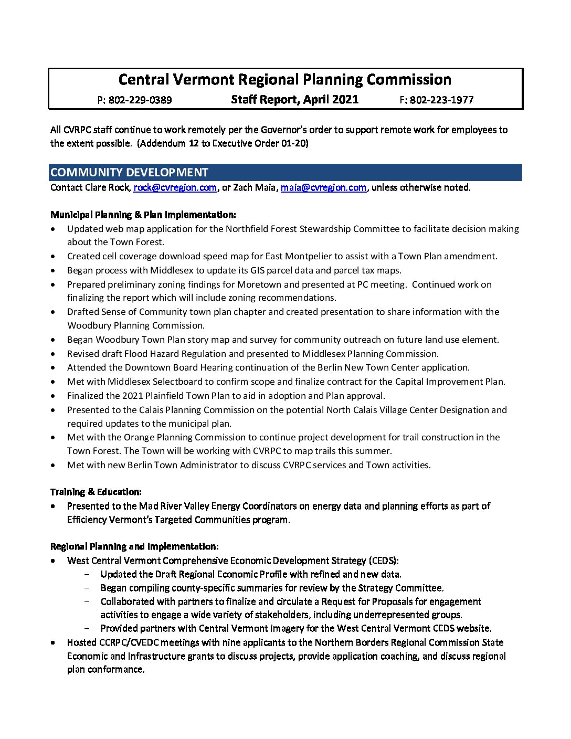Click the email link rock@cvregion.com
point(175,187)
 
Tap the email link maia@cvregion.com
point(323,187)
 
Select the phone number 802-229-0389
point(140,100)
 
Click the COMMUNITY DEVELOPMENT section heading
point(129,172)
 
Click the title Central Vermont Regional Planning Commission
point(285,79)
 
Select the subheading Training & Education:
point(96,492)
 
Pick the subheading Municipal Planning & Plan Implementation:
point(143,215)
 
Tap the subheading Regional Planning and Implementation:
point(134,546)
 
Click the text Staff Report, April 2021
point(294,99)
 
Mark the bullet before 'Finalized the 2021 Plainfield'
point(54,396)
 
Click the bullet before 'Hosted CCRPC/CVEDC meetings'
point(54,642)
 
